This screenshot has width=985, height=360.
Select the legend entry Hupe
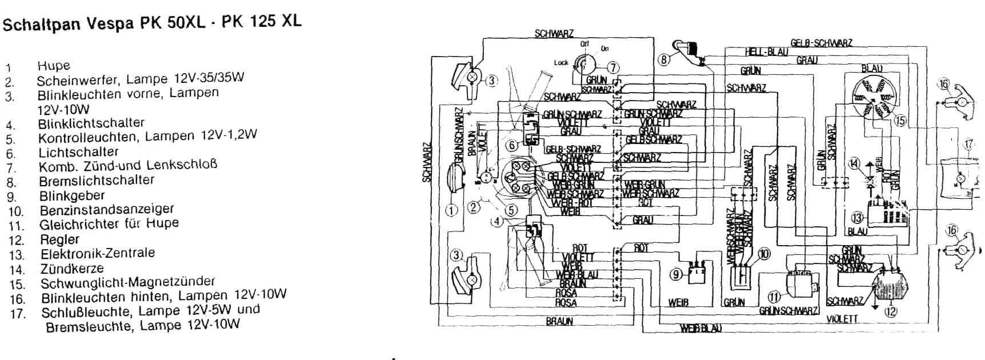54,66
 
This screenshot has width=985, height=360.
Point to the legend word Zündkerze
72,268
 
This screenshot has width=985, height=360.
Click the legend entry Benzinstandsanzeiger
106,209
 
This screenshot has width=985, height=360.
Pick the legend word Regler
59,239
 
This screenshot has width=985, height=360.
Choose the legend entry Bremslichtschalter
97,180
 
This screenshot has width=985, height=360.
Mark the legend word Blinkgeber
72,195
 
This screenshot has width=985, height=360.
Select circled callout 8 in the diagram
664,60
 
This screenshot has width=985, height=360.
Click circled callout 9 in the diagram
676,275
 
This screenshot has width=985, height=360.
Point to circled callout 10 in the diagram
764,253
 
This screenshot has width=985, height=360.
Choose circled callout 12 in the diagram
890,311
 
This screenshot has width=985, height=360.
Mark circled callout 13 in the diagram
857,217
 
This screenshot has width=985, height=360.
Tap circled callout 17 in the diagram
969,144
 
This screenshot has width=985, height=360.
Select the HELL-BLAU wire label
766,52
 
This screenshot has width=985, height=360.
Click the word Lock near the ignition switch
560,62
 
